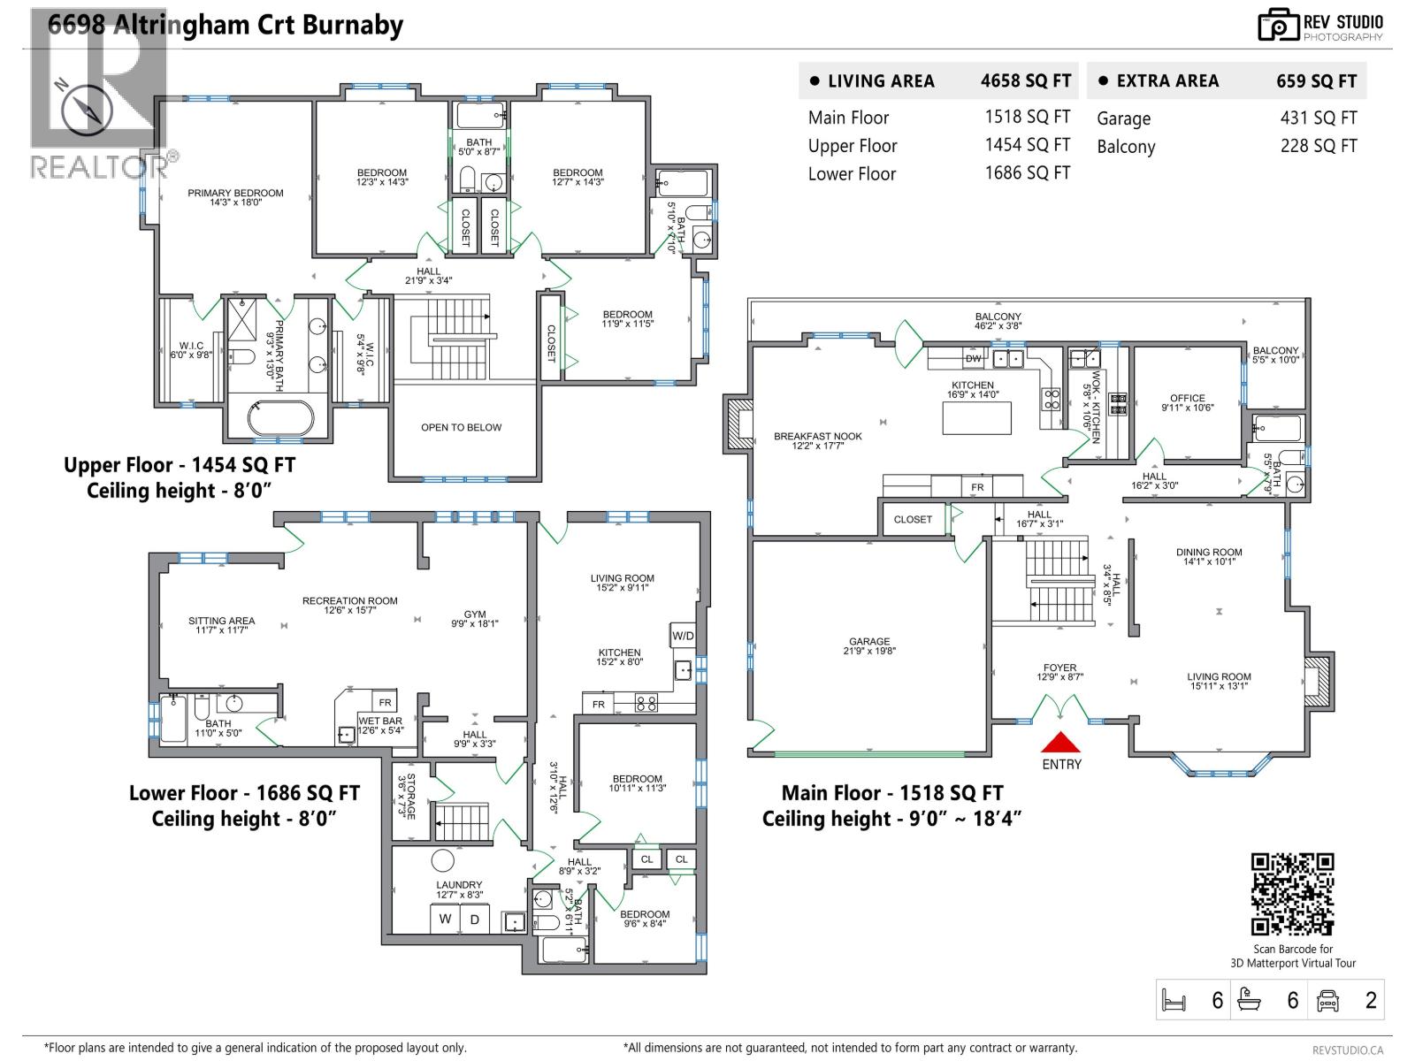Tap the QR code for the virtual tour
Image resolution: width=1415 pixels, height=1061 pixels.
click(x=1292, y=893)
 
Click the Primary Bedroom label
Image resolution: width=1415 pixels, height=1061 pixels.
click(x=235, y=197)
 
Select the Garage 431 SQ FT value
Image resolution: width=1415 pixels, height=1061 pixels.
click(x=1318, y=118)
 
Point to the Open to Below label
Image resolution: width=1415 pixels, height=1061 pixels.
click(x=461, y=427)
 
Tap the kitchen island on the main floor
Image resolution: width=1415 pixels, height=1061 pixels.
click(x=976, y=417)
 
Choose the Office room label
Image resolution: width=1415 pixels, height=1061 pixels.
click(x=1187, y=402)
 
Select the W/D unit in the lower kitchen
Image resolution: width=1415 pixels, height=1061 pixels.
click(x=683, y=636)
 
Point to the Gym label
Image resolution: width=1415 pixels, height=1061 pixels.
click(x=475, y=618)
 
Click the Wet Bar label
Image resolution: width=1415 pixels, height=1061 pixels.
click(x=380, y=725)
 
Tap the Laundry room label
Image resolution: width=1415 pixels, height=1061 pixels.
click(x=459, y=889)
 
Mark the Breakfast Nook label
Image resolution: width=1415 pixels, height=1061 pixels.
click(x=817, y=440)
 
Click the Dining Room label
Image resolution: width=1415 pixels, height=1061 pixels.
click(x=1209, y=556)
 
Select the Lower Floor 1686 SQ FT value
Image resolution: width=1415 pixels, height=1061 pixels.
click(x=1027, y=173)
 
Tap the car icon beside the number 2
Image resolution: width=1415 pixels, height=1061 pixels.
click(x=1327, y=1000)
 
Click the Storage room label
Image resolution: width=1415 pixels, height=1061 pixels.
click(x=406, y=796)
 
